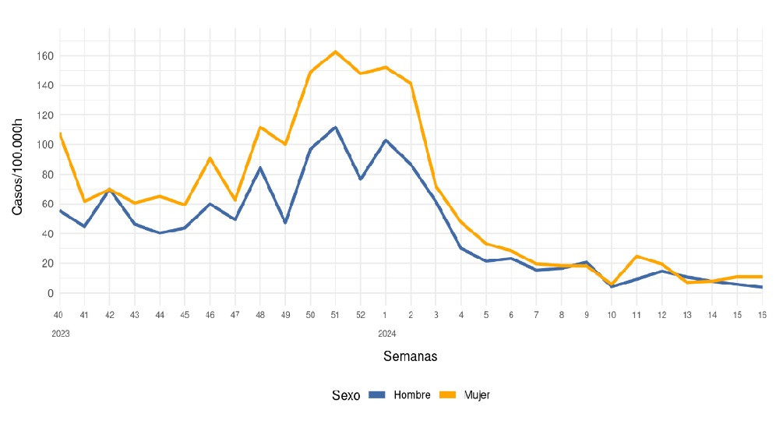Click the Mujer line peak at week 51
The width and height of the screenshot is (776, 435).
[x=335, y=52]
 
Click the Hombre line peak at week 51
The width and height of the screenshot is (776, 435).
[x=335, y=127]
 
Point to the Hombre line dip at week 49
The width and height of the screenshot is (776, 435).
[x=285, y=223]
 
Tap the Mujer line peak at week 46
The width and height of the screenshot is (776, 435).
[x=210, y=158]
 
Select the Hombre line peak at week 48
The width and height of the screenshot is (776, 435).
[x=260, y=168]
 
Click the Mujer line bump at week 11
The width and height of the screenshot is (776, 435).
[x=637, y=256]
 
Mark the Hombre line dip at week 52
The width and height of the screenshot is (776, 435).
[x=360, y=179]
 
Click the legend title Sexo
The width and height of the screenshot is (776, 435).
[x=345, y=395]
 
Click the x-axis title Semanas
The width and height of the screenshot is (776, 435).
[x=410, y=356]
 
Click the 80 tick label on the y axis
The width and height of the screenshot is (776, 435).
[x=46, y=175]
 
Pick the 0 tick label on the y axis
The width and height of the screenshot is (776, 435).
[x=49, y=293]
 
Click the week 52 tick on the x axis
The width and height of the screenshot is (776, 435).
[x=360, y=315]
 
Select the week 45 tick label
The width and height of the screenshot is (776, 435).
[x=185, y=315]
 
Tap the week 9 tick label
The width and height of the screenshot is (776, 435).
[x=586, y=315]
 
